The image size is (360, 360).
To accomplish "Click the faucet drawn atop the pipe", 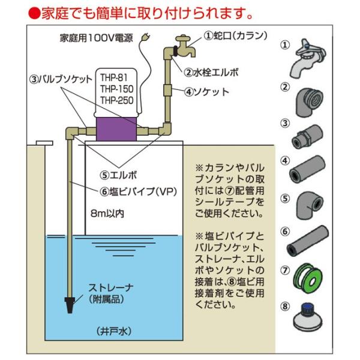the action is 180,45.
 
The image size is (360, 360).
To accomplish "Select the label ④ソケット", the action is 207,92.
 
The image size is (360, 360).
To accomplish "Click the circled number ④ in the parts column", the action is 286,161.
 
